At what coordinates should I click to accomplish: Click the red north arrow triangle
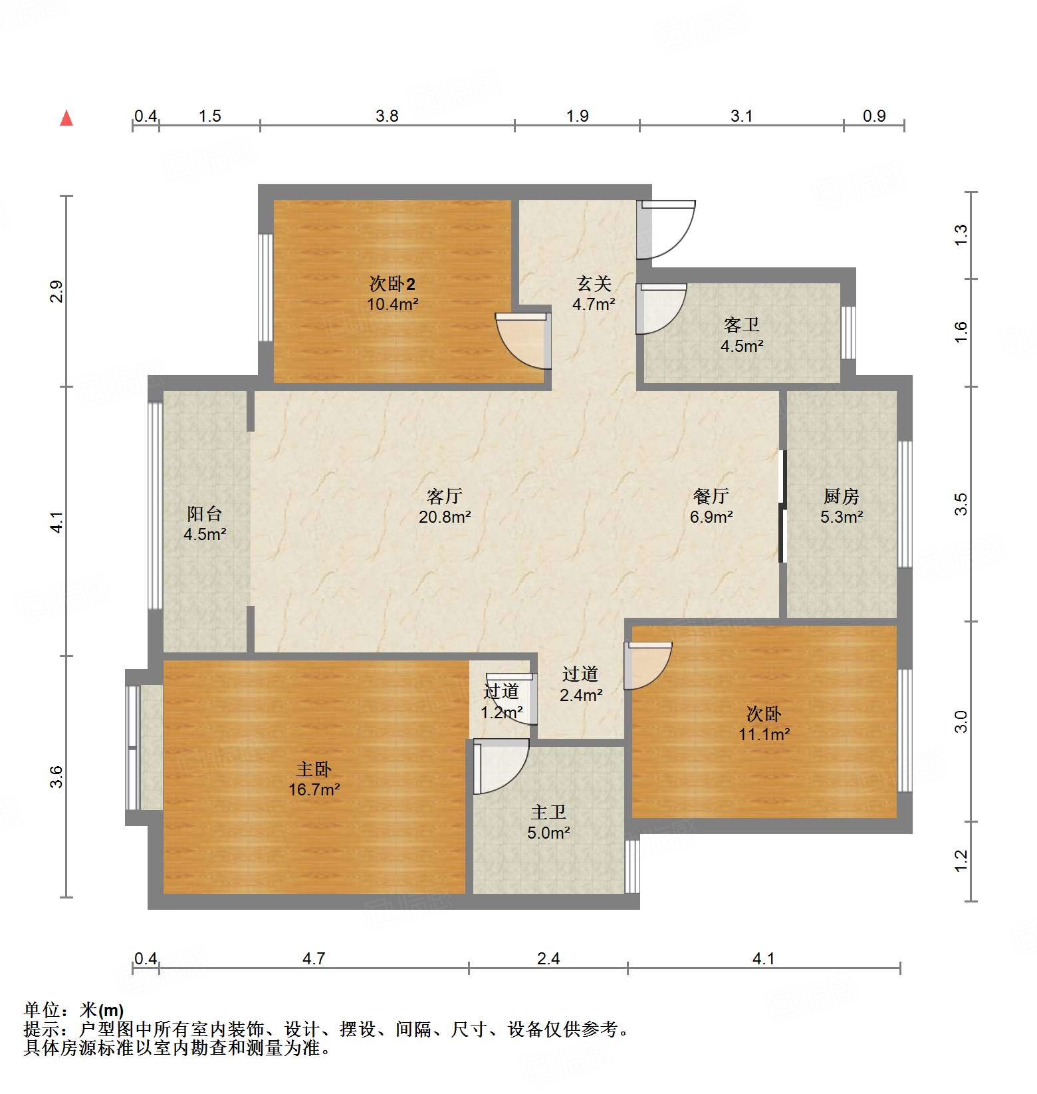pos(66,118)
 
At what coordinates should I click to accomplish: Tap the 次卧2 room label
pos(392,284)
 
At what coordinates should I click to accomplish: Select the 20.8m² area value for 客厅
pos(445,517)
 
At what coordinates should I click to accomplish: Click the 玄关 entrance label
pos(594,283)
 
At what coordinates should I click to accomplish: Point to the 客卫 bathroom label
pos(742,325)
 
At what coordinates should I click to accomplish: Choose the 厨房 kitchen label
pos(841,496)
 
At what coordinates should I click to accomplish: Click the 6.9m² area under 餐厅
pos(711,517)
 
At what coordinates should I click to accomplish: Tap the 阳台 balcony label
pos(205,513)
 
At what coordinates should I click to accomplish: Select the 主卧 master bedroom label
pos(314,769)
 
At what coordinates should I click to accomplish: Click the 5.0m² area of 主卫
pos(549,833)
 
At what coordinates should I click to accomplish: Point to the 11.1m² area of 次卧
pos(764,734)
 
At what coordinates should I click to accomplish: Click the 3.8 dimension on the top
pos(387,116)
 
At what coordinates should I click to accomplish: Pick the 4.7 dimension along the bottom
pos(314,958)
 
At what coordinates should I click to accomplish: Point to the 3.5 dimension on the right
pos(961,503)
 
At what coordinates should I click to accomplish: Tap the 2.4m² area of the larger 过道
pos(581,695)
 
